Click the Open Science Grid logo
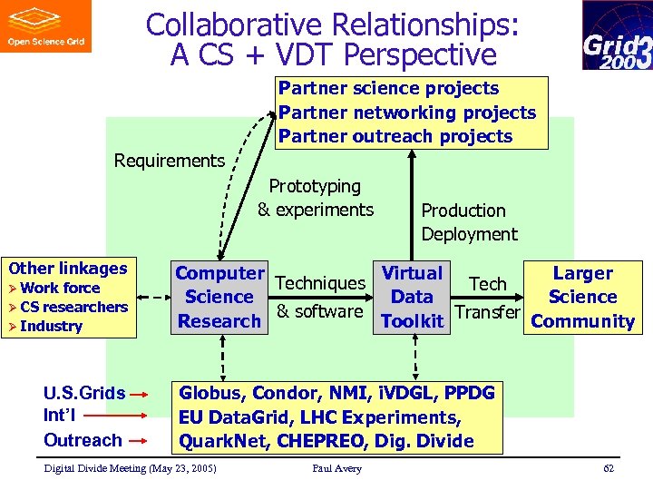pyautogui.click(x=46, y=26)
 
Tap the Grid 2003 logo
pyautogui.click(x=617, y=35)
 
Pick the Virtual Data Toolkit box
pyautogui.click(x=413, y=297)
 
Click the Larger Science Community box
pyautogui.click(x=582, y=297)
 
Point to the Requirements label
pyautogui.click(x=170, y=161)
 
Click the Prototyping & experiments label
pyautogui.click(x=315, y=198)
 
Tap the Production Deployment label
pyautogui.click(x=469, y=222)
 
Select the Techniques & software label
pyautogui.click(x=319, y=297)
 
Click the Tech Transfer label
pyautogui.click(x=487, y=298)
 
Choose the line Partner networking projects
pyautogui.click(x=407, y=113)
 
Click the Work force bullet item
pyautogui.click(x=60, y=288)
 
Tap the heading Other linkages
pyautogui.click(x=68, y=268)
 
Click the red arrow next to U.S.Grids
pyautogui.click(x=139, y=395)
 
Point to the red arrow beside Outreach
pyautogui.click(x=139, y=441)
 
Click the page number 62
pyautogui.click(x=608, y=468)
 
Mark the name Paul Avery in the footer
pyautogui.click(x=336, y=468)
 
